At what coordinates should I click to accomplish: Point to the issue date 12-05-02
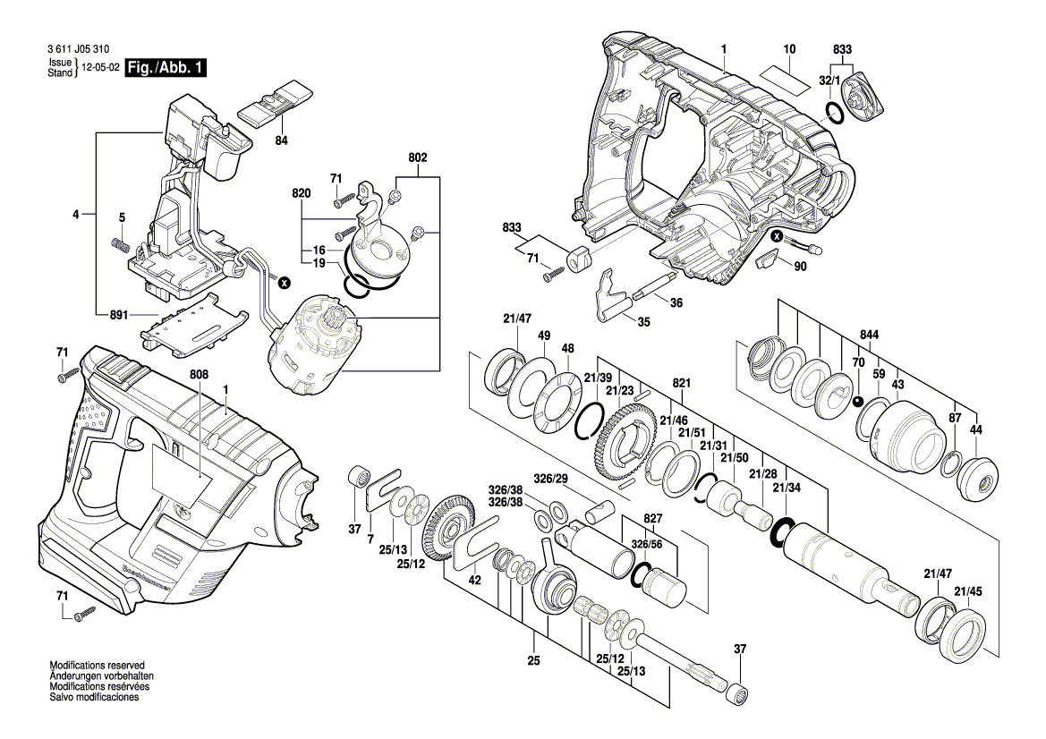pos(101,68)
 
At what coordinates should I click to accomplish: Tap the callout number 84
pos(281,140)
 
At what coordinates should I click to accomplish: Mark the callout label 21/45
pos(967,590)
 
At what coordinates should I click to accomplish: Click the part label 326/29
pos(550,480)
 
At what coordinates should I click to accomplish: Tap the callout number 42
pos(475,580)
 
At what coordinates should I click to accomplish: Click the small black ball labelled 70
pos(856,401)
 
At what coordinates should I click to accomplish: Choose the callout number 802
pos(418,157)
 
